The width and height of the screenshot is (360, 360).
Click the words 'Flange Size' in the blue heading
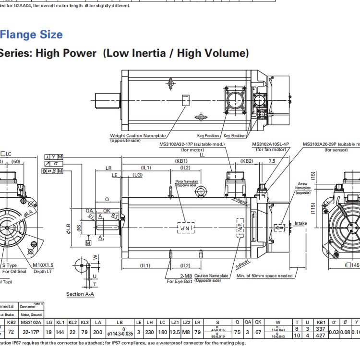[31, 35]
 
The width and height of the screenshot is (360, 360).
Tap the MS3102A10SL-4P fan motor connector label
[271, 144]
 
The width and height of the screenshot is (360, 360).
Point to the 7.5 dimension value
[272, 161]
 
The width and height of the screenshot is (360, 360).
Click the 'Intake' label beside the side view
[300, 223]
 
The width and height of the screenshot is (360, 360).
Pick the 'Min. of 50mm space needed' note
[264, 276]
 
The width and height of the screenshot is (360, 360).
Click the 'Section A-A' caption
[80, 294]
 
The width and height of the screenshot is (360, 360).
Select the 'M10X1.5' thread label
[43, 265]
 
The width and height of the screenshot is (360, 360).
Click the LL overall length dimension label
[202, 155]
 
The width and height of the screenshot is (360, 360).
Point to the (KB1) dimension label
[181, 161]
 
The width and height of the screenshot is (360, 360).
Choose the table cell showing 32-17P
[32, 331]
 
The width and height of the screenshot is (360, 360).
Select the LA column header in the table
[97, 322]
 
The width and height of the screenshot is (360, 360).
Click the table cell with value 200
[97, 331]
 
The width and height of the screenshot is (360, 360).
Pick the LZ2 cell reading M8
[186, 331]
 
